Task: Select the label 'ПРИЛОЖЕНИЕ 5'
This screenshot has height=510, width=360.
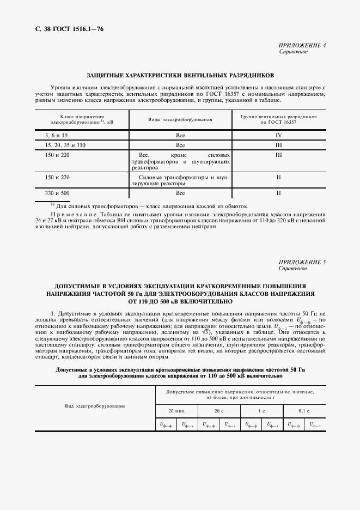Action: pyautogui.click(x=302, y=263)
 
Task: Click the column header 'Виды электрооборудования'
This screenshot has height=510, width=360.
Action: pyautogui.click(x=180, y=119)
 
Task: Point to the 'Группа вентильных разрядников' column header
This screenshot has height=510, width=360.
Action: pyautogui.click(x=278, y=117)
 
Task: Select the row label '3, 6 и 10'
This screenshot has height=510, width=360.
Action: pyautogui.click(x=56, y=134)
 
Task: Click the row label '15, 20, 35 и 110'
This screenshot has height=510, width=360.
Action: pyautogui.click(x=65, y=145)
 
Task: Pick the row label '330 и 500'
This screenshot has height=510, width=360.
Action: pyautogui.click(x=57, y=193)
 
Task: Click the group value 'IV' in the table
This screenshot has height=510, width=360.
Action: pyautogui.click(x=278, y=134)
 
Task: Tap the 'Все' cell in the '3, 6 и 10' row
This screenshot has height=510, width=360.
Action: pyautogui.click(x=180, y=134)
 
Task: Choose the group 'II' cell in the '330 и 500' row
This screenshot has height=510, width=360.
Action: pyautogui.click(x=278, y=193)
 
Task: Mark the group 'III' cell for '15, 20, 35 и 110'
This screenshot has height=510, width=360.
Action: pyautogui.click(x=278, y=145)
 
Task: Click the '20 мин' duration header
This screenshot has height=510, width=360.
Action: pyautogui.click(x=176, y=409)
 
